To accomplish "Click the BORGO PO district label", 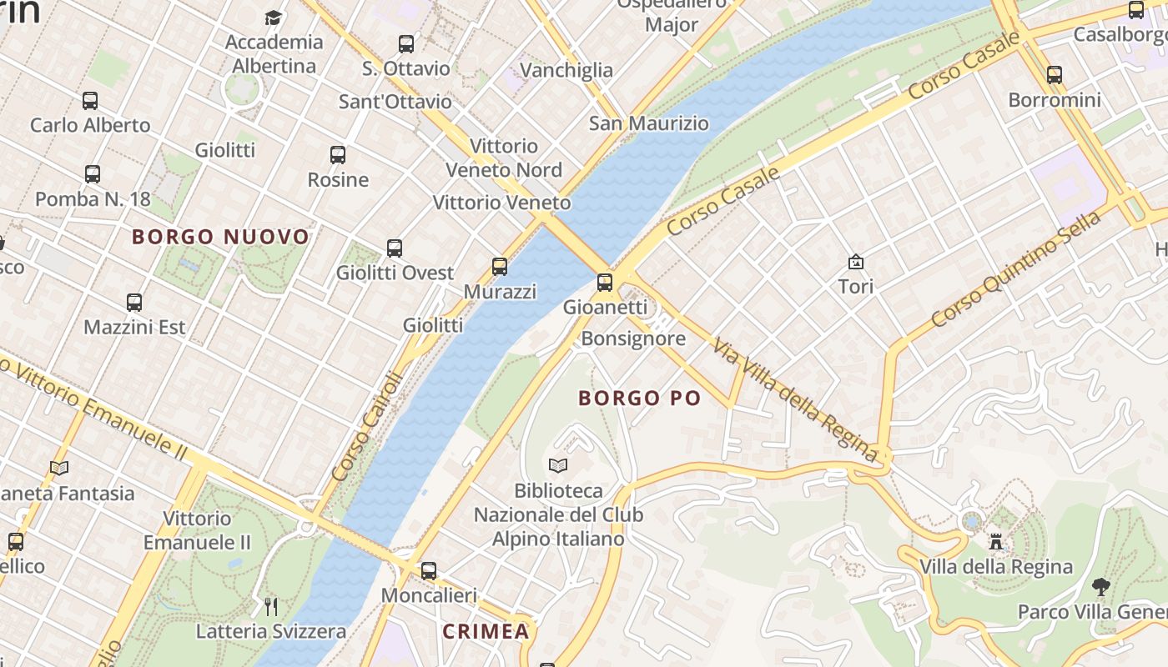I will coord(640,399).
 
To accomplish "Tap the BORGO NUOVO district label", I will coord(221,237).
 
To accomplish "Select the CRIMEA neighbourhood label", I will coord(486,631).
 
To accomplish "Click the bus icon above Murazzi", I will coord(500,267).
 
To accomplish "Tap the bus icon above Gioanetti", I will coord(605,283).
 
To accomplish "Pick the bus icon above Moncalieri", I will coord(429,571).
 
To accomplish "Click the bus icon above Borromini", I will coord(1055,75).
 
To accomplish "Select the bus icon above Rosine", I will coord(338,155).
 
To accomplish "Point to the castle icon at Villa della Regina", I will coord(995,542).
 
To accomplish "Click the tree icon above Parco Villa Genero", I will coord(1101,587).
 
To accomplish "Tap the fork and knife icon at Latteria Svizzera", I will coord(271,606).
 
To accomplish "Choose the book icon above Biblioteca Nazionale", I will coord(558,465).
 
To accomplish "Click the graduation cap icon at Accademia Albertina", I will coord(274,18).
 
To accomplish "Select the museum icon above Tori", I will coord(856,262).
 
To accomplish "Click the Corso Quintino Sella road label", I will coord(1016,268).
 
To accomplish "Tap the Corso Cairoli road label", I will coord(367,426).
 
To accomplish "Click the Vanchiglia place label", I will coord(566,70).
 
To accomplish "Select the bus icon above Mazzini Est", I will coord(134,303).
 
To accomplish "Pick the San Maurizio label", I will coord(649,123).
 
